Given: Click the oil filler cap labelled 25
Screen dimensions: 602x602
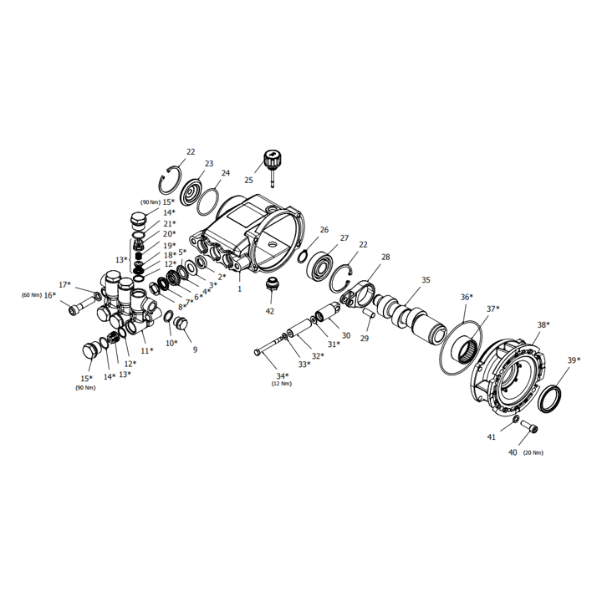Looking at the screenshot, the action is point(271,163).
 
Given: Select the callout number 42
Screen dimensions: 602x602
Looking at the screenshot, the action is point(270,311).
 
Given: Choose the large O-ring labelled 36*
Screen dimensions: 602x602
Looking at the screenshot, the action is point(461,347).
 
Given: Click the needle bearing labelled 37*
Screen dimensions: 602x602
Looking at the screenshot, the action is point(466,349).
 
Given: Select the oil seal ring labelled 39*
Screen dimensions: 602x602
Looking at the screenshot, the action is point(550,400).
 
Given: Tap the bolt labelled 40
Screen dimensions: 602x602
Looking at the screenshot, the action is point(529,426).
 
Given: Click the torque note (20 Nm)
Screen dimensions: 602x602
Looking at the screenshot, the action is point(533,453).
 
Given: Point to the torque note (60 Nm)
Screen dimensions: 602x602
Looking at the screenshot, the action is point(32,295).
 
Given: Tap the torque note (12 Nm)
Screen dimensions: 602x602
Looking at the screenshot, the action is point(282,384).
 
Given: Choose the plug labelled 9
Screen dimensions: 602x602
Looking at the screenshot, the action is point(180,324).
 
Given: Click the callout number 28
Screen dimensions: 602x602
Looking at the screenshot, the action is point(385,257).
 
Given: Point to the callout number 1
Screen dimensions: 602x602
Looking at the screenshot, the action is point(240,288).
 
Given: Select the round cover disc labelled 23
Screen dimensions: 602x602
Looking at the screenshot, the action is point(192,193).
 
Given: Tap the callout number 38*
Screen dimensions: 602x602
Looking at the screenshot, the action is point(543,324).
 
